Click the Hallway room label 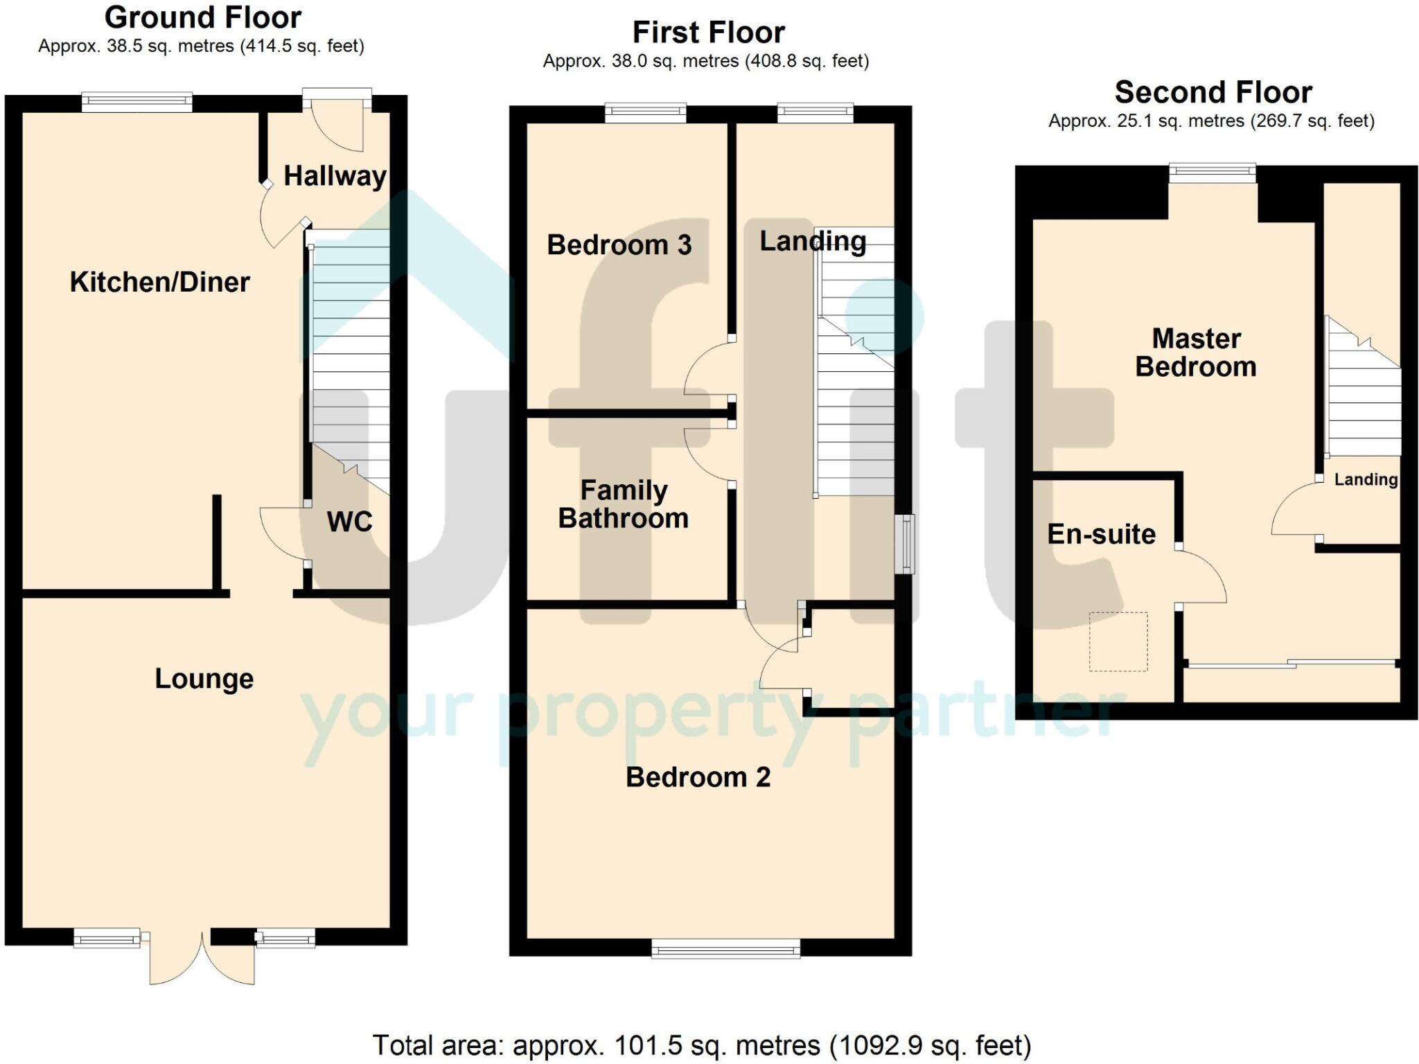point(335,176)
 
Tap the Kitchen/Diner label point(159,282)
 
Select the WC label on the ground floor point(349,522)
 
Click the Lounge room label point(204,679)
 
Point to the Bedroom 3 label point(619,245)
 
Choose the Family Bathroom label point(623,504)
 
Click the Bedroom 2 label point(698,777)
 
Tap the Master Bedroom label point(1196,353)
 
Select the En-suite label point(1101,534)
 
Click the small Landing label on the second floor point(1366,479)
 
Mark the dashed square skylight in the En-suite point(1118,641)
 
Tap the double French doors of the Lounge point(202,959)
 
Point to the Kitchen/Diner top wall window point(136,103)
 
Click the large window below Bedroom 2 point(725,948)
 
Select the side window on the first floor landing point(904,544)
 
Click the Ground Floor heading point(202,17)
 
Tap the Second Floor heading point(1213,92)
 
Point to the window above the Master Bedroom point(1212,173)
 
